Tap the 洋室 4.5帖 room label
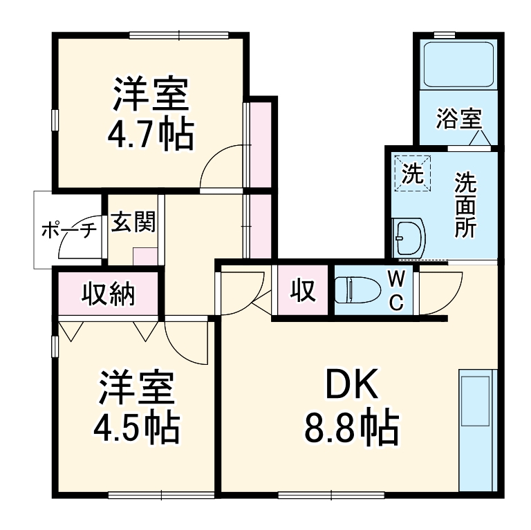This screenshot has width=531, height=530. pos(136,408)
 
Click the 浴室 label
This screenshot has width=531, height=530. pos(458,119)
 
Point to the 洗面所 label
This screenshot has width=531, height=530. pos(465,205)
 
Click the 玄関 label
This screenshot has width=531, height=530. pos(133,223)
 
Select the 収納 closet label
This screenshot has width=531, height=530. pos(109,295)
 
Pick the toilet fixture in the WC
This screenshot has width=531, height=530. pos(355,290)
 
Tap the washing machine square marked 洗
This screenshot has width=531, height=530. pos(412,173)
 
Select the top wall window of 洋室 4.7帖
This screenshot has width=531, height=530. pos(178,35)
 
